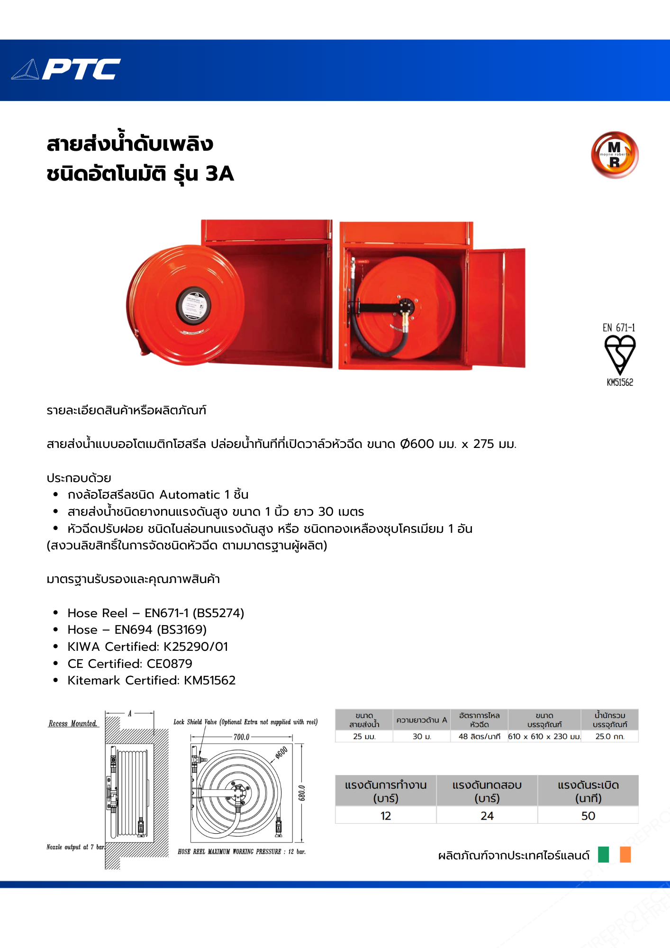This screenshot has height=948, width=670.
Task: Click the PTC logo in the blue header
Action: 66,70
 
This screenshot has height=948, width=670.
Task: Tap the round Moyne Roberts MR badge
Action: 615,155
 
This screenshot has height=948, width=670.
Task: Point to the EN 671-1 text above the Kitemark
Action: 619,328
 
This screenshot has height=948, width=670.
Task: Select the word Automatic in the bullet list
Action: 190,495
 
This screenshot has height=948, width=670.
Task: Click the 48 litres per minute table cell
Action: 479,737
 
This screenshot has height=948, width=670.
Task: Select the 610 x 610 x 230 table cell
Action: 544,737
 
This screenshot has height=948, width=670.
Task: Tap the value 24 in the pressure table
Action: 487,816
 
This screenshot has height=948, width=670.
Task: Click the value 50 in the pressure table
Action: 588,816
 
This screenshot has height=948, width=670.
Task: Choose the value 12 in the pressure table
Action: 386,816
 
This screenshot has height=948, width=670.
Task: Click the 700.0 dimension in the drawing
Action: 241,737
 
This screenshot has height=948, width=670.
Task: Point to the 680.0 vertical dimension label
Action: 302,793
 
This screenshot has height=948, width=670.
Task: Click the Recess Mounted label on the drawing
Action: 73,724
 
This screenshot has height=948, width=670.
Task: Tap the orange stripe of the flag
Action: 625,855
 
